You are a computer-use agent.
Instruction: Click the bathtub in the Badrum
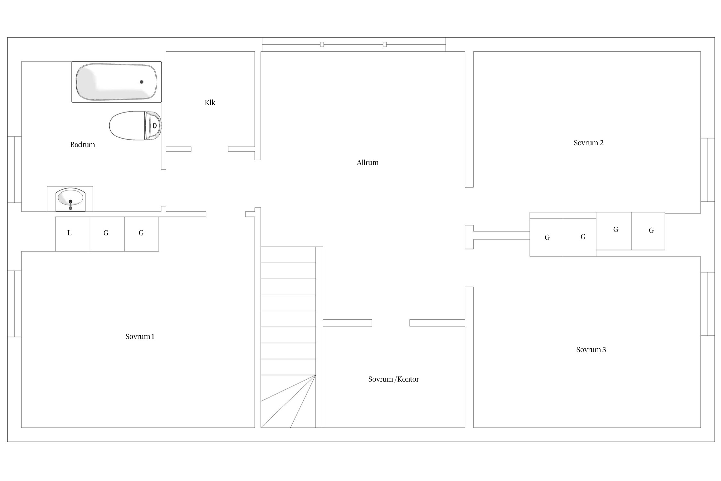(116, 82)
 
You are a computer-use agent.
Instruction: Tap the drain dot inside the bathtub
(141, 82)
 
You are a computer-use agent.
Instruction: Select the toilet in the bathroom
(135, 125)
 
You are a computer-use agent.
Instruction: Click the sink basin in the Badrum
(70, 199)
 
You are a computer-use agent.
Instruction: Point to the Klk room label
(210, 103)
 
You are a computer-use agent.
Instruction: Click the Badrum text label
(82, 145)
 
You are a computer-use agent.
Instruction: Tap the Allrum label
(368, 163)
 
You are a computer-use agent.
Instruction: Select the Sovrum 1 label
(140, 336)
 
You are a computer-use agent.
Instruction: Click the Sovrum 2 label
(588, 143)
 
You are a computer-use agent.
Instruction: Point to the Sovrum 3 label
(591, 350)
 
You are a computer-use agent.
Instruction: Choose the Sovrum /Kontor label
(394, 379)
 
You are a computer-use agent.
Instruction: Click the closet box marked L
(72, 234)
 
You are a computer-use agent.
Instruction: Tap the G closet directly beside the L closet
(107, 234)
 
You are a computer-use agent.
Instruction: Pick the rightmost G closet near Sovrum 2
(648, 231)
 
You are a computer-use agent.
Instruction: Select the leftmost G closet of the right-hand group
(546, 238)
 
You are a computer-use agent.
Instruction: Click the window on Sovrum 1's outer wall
(14, 304)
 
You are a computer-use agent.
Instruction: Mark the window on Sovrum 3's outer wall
(708, 304)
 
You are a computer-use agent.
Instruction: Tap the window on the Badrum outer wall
(14, 170)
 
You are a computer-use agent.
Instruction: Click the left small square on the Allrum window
(322, 45)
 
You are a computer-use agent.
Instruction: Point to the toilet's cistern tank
(153, 125)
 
